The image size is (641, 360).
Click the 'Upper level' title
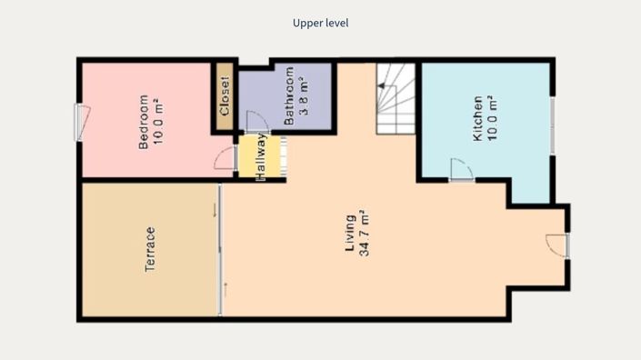point(320,23)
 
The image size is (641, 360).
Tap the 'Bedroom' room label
point(143,122)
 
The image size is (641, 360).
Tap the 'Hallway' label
point(260,157)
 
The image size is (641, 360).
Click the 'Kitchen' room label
point(476,119)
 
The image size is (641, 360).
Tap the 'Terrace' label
point(150,250)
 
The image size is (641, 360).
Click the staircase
point(396,97)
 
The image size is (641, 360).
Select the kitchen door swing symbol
point(461,170)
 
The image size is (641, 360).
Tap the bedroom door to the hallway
point(225,158)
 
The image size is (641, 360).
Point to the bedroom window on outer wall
point(80,122)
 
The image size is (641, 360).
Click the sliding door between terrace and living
point(220,250)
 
